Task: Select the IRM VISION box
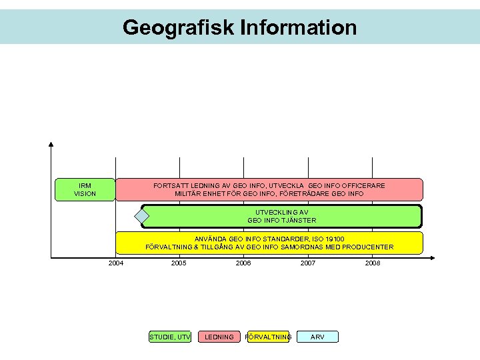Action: point(85,189)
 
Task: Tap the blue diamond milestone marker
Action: point(141,216)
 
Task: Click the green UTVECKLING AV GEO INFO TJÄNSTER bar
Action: point(281,216)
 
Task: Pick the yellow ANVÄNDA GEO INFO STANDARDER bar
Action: point(269,243)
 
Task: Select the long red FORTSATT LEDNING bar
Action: point(269,189)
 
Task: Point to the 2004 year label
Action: point(115,263)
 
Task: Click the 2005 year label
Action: point(179,263)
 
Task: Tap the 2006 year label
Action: point(243,263)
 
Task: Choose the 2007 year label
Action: point(308,263)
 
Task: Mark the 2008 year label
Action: point(373,263)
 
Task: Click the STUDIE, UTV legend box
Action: point(170,337)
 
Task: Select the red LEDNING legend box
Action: point(219,337)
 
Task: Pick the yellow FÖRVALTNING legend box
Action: point(268,337)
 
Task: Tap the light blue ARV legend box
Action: point(318,337)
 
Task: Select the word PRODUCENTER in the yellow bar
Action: point(368,247)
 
